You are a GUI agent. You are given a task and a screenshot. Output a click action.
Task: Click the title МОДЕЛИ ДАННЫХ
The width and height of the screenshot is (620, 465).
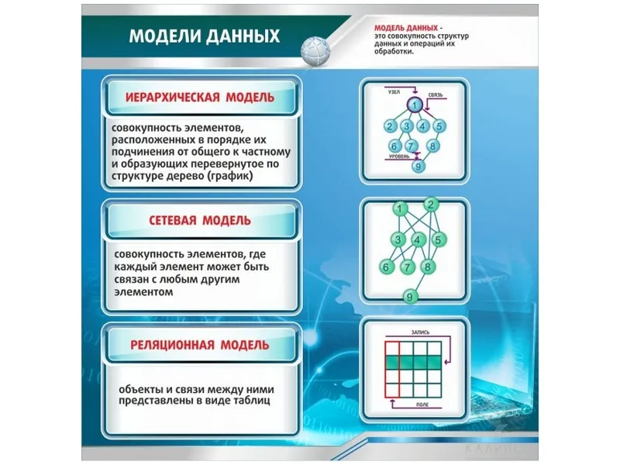coord(203,37)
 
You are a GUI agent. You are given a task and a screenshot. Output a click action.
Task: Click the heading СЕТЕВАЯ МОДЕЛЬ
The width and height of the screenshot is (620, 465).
coord(200,221)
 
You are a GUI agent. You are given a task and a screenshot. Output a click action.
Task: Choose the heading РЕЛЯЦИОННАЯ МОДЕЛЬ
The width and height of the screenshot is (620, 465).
coord(200,345)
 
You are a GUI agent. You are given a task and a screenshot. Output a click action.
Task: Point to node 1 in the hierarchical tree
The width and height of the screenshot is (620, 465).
coord(415,105)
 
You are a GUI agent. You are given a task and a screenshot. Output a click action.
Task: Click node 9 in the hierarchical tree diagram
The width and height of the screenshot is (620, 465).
coord(418,166)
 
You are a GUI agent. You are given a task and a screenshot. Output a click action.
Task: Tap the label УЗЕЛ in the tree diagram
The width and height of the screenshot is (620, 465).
coord(394,92)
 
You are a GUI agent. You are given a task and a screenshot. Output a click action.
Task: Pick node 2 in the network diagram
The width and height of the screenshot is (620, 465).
coord(432,205)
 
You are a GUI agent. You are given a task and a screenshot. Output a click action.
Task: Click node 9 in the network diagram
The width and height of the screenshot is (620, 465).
coord(412,297)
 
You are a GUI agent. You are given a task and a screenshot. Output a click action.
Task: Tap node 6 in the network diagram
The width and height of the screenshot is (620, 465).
coord(385,267)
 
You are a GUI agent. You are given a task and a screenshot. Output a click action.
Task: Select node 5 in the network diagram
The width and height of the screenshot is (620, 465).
coord(438,239)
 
